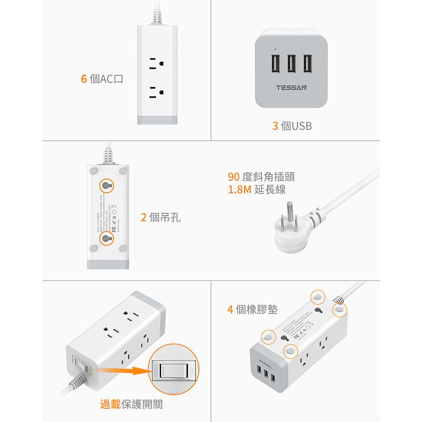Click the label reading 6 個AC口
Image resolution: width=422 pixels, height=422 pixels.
pos(102,79)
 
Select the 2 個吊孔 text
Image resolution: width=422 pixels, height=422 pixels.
pos(161,218)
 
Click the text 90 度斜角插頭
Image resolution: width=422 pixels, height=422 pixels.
pos(262,177)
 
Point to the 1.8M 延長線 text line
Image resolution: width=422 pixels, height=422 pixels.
pos(256,189)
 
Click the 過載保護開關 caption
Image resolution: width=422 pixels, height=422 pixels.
pos(131,404)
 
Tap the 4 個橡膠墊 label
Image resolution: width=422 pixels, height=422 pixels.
pos(252,310)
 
